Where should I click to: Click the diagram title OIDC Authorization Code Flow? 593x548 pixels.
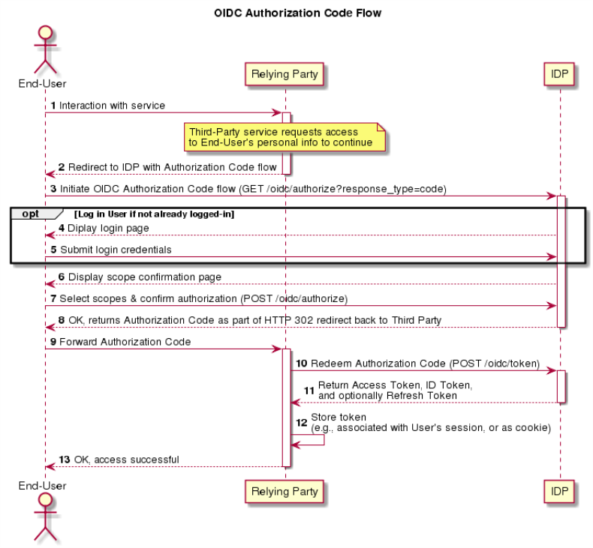tap(298, 13)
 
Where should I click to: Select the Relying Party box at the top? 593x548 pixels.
tap(284, 74)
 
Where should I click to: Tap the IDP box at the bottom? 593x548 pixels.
tap(559, 491)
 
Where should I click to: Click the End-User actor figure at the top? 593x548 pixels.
tap(45, 49)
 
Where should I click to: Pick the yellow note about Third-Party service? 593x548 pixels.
tap(284, 136)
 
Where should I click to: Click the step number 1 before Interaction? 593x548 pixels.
tap(53, 106)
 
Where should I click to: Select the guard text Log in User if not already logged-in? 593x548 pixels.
tap(155, 214)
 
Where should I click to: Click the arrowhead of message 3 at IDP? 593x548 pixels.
tap(552, 196)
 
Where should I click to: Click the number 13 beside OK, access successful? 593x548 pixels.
tap(65, 460)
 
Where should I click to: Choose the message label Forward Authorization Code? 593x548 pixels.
tap(125, 342)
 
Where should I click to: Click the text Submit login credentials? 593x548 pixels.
tap(116, 250)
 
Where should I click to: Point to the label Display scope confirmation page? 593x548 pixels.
tap(145, 277)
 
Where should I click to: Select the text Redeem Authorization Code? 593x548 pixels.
tap(378, 364)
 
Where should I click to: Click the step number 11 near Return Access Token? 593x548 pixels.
tap(309, 391)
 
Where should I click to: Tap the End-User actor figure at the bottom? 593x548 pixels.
tap(45, 517)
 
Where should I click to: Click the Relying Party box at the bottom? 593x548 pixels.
tap(284, 491)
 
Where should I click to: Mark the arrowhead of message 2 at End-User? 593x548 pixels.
tap(50, 174)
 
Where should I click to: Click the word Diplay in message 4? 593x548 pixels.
tap(80, 229)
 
